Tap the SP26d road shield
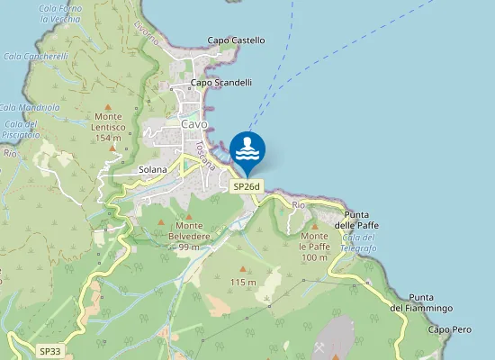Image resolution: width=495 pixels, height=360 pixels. pyautogui.click(x=246, y=186)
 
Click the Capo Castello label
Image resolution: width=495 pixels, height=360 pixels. pyautogui.click(x=236, y=40)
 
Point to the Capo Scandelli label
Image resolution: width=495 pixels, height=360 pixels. pyautogui.click(x=220, y=82)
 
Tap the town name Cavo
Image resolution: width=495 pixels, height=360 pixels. pyautogui.click(x=194, y=124)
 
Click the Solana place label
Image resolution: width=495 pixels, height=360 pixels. pyautogui.click(x=153, y=169)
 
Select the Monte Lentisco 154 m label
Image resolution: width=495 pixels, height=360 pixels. pyautogui.click(x=108, y=127)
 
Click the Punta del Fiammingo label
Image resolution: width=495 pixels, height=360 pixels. pyautogui.click(x=421, y=302)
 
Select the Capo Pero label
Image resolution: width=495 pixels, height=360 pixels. pyautogui.click(x=449, y=330)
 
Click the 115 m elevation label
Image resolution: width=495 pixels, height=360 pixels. pyautogui.click(x=243, y=283)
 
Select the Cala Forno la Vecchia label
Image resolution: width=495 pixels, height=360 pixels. pyautogui.click(x=60, y=13)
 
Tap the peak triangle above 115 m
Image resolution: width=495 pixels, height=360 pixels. pyautogui.click(x=243, y=269)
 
